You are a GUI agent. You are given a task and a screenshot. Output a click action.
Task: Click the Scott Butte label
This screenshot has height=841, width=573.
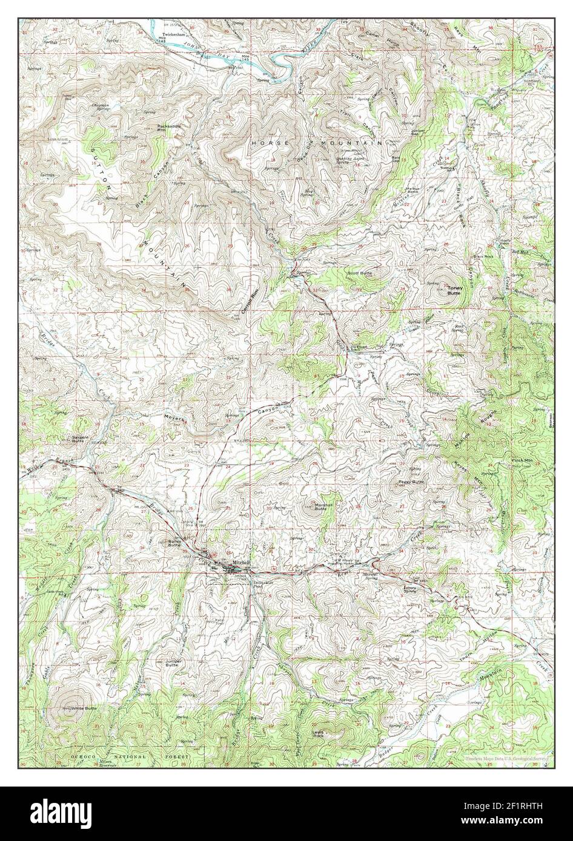(359, 273)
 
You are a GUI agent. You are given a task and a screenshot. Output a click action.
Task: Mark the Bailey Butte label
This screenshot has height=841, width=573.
(174, 543)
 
